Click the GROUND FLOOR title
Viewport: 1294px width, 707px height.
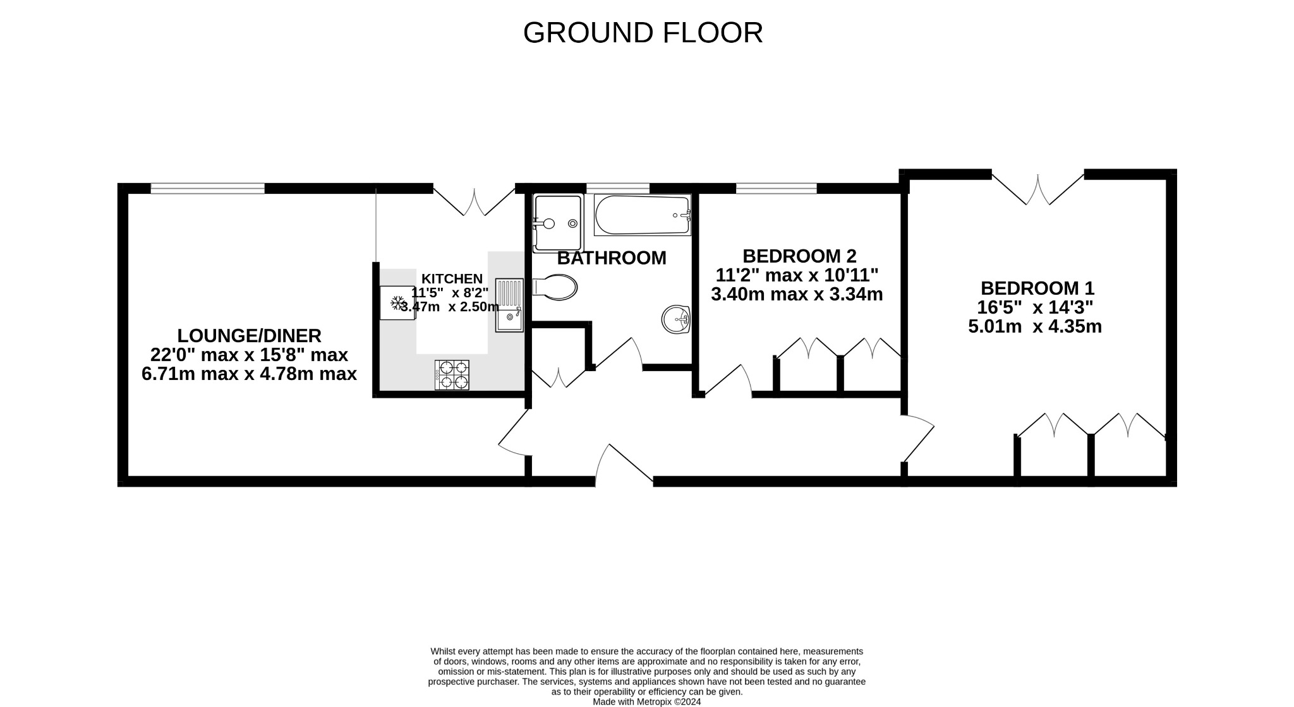pos(643,33)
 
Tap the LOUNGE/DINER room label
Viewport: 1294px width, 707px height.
pos(249,335)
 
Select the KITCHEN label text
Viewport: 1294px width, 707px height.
pos(452,278)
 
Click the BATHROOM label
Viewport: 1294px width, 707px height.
pos(611,258)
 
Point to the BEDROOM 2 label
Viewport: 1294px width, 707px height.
pos(799,256)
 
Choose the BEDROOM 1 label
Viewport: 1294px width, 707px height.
pos(1037,288)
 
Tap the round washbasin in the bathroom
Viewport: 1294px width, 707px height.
pos(676,319)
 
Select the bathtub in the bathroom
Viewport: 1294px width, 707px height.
pos(642,215)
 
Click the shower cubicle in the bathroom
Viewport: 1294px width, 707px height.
pos(557,223)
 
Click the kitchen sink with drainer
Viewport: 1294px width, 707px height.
pos(509,305)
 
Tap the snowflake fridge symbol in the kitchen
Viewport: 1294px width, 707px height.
pos(397,303)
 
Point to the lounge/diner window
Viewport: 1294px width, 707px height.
pos(207,188)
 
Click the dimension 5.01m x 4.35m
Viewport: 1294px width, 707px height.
pos(1034,327)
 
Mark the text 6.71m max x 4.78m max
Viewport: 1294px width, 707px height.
pos(249,374)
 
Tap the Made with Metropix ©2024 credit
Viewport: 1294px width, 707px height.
pos(646,701)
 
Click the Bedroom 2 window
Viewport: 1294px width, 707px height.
pos(776,188)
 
